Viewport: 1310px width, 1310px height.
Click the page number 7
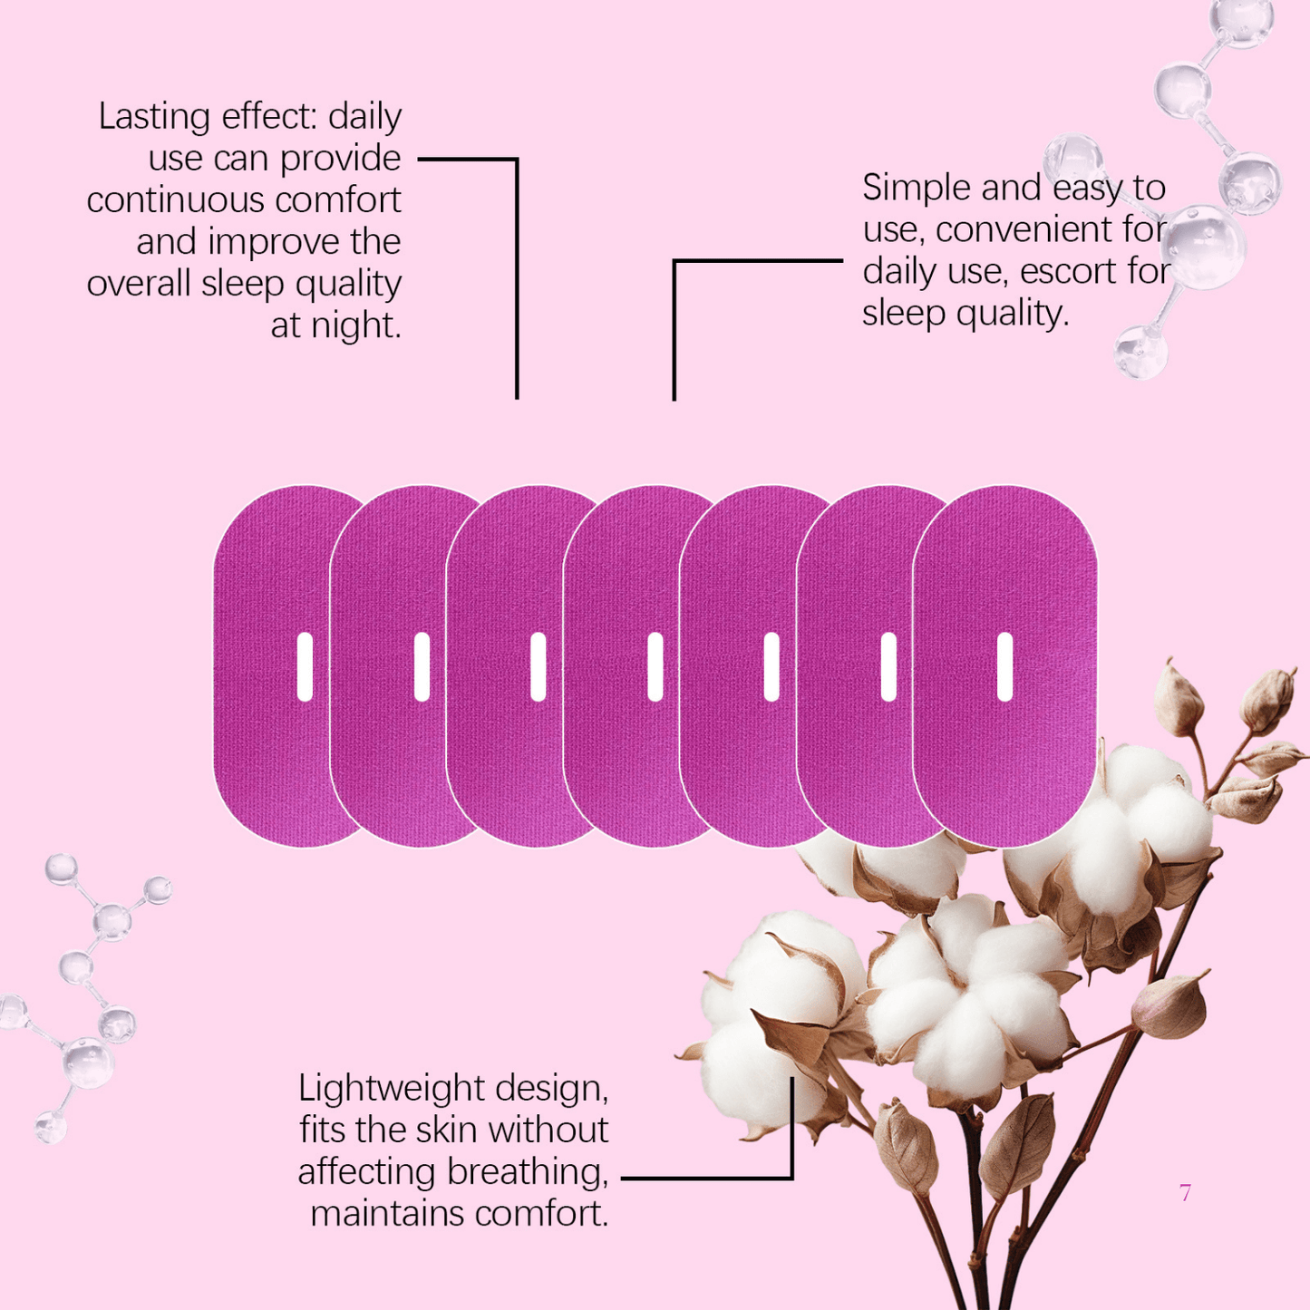[1185, 1193]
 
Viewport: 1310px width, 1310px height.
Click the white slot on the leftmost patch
[305, 667]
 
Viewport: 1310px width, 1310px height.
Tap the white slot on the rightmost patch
[1004, 667]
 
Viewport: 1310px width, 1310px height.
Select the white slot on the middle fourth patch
[655, 667]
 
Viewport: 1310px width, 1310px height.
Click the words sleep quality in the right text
[965, 314]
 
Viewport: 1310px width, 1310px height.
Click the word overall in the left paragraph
[139, 284]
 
